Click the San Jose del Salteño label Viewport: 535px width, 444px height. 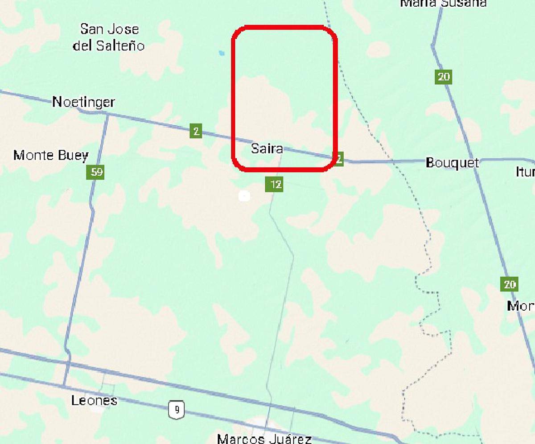(109, 37)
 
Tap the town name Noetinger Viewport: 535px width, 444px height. (83, 102)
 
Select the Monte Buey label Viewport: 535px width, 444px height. (51, 156)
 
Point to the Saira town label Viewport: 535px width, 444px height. (267, 148)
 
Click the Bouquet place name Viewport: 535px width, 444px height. (452, 163)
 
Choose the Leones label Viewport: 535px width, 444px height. (94, 400)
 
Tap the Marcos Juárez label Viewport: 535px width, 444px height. (264, 439)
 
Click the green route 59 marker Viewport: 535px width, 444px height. (96, 172)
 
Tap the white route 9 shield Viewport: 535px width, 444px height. (177, 409)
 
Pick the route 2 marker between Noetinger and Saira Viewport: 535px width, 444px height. (196, 131)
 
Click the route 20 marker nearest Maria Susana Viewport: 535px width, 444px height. (444, 77)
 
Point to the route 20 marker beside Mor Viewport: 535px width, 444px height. (509, 284)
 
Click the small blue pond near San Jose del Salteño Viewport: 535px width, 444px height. (222, 53)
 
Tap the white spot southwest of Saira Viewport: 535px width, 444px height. (244, 196)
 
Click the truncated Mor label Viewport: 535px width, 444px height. (521, 306)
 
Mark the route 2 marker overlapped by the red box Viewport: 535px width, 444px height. (339, 159)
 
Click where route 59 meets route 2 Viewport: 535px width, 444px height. (107, 115)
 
